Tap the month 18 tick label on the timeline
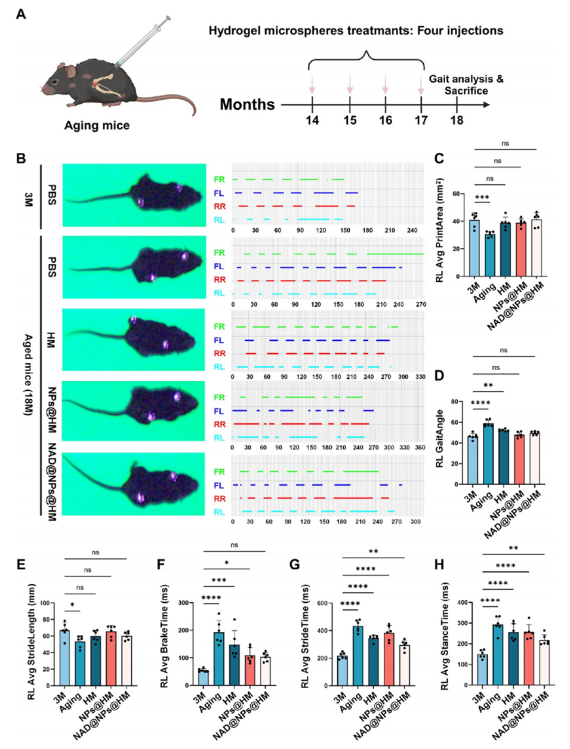[457, 120]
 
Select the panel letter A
[21, 13]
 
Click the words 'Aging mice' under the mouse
[97, 126]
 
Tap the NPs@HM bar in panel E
[110, 658]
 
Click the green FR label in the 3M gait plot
[219, 179]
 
